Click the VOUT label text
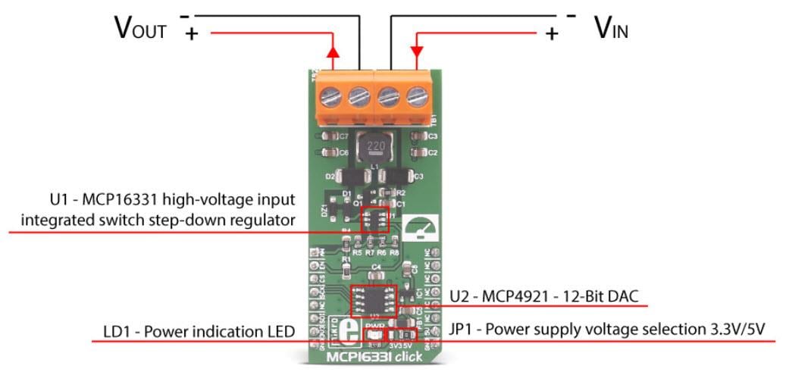pos(140,29)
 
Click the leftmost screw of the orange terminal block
pos(329,97)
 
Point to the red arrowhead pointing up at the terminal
pos(332,52)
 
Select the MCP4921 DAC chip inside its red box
pos(373,302)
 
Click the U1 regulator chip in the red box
pos(374,217)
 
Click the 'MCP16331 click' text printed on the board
pos(371,356)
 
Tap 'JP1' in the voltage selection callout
pos(463,330)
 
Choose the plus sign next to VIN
pos(552,33)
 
